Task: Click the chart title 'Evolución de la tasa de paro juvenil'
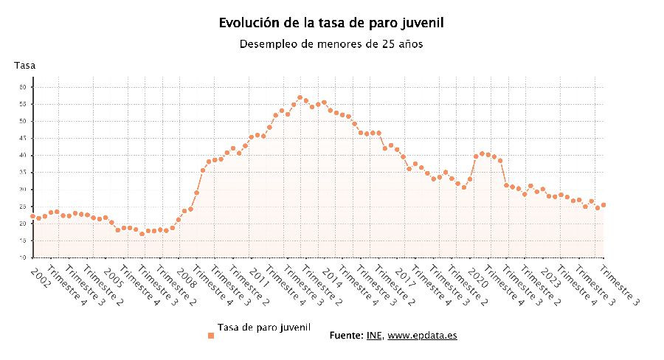point(331,23)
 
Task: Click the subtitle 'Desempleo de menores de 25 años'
point(331,44)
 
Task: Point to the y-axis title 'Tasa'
point(24,66)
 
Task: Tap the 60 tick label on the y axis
point(23,87)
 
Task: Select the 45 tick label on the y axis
point(23,138)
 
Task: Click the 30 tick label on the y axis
point(23,190)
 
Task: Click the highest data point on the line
point(300,97)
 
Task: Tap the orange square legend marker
point(210,336)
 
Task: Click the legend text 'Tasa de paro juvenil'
point(264,327)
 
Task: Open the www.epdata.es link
point(422,336)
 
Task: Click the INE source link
point(374,336)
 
